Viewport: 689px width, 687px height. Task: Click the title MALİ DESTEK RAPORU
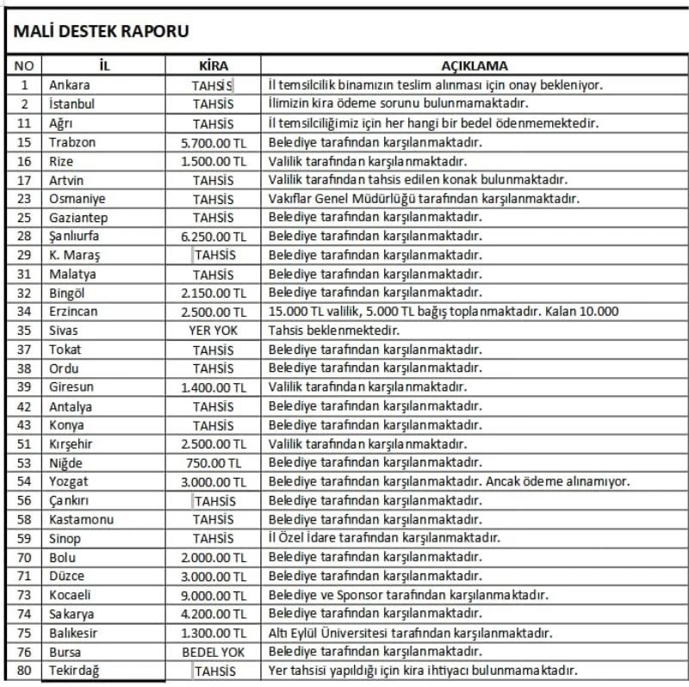(98, 31)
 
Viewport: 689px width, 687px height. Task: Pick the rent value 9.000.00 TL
(214, 595)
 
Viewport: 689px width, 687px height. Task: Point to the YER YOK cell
(214, 330)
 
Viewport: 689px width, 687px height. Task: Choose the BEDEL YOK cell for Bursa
(214, 652)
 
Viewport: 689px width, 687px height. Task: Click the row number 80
(24, 671)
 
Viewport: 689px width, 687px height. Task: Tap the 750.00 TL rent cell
(214, 462)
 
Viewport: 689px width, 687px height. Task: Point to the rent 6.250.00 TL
(214, 236)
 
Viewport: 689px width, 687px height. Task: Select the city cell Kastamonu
(81, 519)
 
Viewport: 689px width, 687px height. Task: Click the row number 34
(24, 312)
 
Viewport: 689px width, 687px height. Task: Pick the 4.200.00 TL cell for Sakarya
(214, 614)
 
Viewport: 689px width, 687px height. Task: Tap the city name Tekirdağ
(74, 671)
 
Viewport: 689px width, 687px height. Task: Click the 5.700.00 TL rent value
(214, 142)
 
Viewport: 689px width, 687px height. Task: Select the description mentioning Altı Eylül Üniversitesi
(410, 633)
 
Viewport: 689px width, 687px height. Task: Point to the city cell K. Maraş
(73, 255)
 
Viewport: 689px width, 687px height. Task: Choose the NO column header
(24, 65)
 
